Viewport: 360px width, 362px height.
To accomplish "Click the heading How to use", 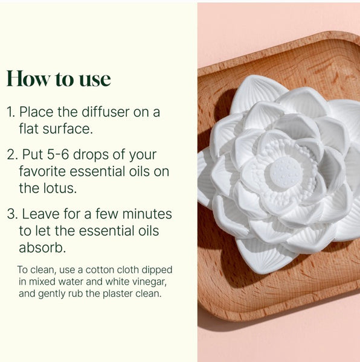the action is [x=59, y=78].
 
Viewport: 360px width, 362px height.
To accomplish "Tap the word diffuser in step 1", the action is [x=105, y=112].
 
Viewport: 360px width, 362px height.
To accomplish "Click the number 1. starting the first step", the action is [x=11, y=112].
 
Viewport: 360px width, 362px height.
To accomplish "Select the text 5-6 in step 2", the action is [x=58, y=154].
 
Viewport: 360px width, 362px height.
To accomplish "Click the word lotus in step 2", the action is [x=60, y=188].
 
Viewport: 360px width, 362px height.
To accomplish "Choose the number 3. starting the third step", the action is [x=13, y=214].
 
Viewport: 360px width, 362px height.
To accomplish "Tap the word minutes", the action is [x=147, y=214].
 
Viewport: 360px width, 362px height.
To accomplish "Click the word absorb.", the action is [x=42, y=248].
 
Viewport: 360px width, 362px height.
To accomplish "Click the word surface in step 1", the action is [x=68, y=129].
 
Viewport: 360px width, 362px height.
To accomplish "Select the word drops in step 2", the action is [x=91, y=155].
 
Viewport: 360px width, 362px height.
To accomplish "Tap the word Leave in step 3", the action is [x=41, y=214].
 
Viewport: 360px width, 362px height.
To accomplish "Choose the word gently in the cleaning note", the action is [x=51, y=294].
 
